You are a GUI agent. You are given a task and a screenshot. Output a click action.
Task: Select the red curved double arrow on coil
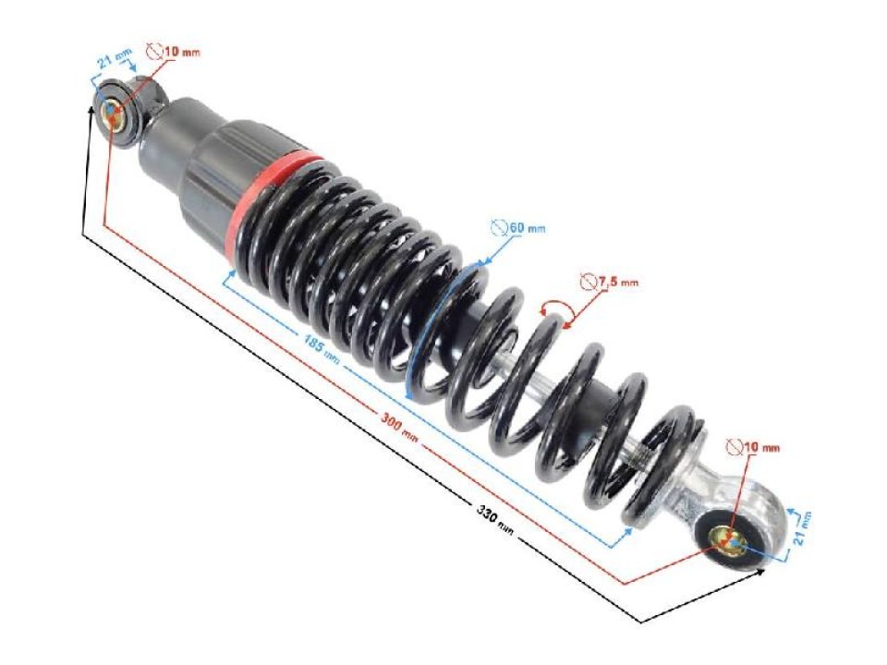[556, 311]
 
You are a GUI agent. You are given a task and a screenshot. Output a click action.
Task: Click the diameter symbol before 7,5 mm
[586, 283]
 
